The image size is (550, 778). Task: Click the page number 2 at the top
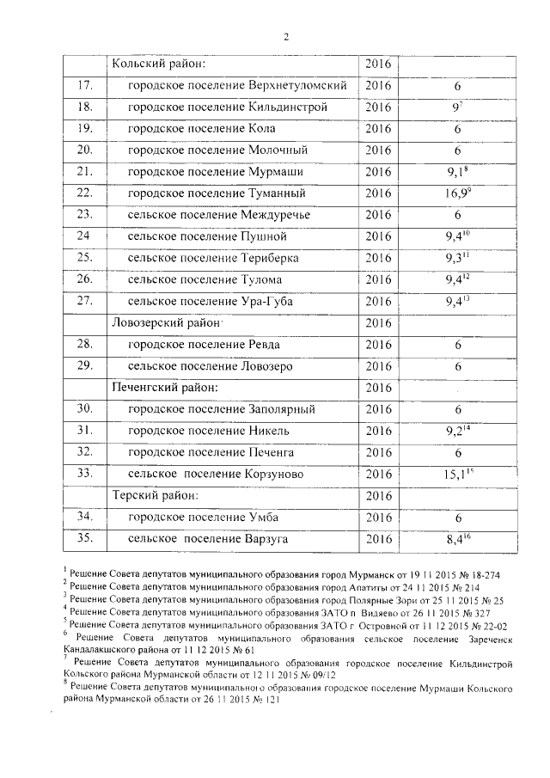coord(286,35)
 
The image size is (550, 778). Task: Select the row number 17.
coord(84,87)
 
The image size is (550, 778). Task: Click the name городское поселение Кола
coord(201,130)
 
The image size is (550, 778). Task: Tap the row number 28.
coord(84,344)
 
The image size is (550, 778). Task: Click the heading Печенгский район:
coord(165,387)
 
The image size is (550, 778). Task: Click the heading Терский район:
coord(156,495)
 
